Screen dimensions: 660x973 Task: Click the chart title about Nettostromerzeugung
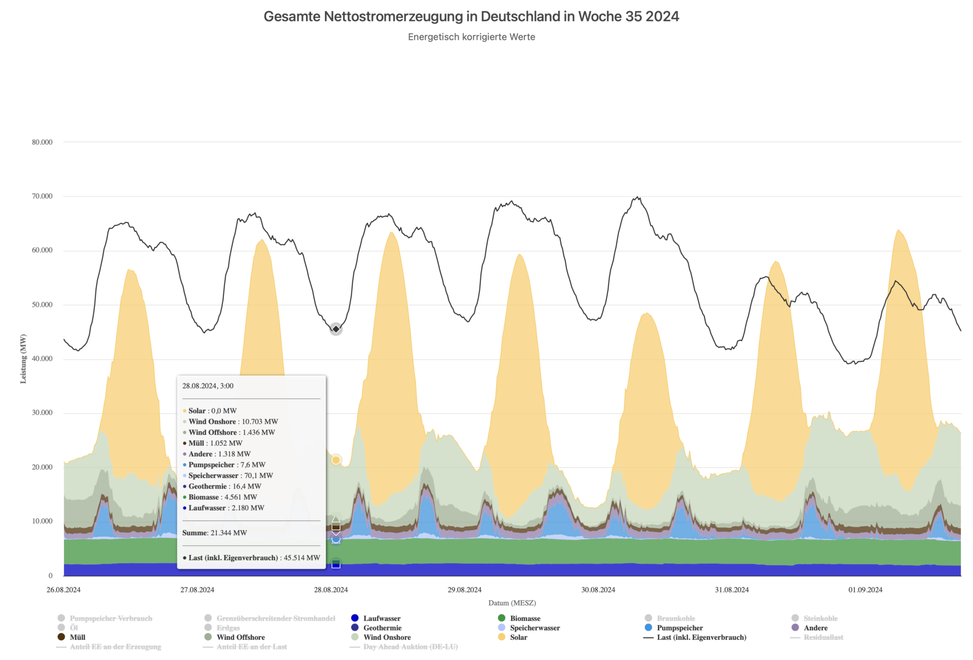471,17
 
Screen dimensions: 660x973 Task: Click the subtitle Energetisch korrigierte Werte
471,37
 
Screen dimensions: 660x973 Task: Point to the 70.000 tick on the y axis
42,196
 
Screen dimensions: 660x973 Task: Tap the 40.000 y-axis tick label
42,359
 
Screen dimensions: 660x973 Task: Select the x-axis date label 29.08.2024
464,590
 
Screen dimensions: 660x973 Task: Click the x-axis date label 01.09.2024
865,590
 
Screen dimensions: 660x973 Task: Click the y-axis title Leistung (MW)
23,359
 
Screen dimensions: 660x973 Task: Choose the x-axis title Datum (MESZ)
512,603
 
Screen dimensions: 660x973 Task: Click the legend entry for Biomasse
525,618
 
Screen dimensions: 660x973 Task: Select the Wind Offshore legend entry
240,638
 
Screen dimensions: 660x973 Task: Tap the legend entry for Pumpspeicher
679,628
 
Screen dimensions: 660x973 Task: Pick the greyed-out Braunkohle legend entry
676,618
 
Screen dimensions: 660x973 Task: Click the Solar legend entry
518,638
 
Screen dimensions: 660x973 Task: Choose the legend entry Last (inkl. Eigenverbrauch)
701,638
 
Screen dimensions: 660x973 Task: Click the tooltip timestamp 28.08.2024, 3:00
208,386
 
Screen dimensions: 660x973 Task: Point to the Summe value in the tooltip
214,533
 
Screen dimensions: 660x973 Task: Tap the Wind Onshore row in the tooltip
233,422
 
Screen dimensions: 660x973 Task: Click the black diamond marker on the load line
335,329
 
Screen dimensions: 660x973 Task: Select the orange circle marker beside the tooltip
335,460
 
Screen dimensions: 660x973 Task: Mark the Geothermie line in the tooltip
224,487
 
